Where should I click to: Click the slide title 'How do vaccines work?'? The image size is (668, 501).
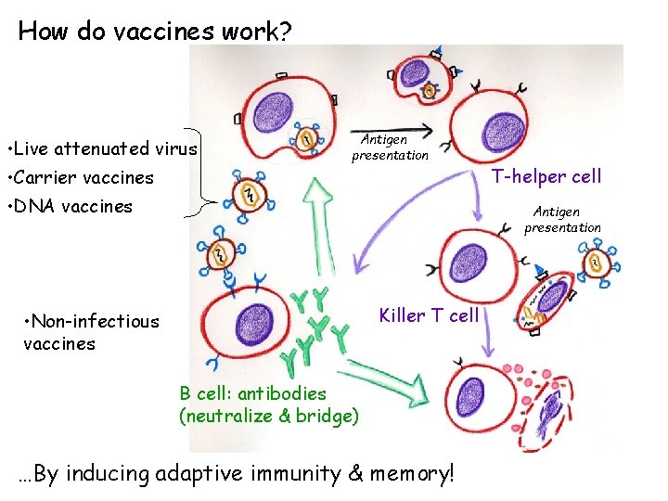(x=154, y=31)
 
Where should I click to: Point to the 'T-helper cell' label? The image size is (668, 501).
(x=546, y=175)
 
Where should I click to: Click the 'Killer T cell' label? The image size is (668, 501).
(x=429, y=315)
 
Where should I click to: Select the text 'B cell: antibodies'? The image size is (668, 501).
(x=252, y=393)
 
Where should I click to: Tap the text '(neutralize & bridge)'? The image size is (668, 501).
(x=268, y=416)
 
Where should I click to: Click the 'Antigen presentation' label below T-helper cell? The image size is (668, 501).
(x=562, y=220)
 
